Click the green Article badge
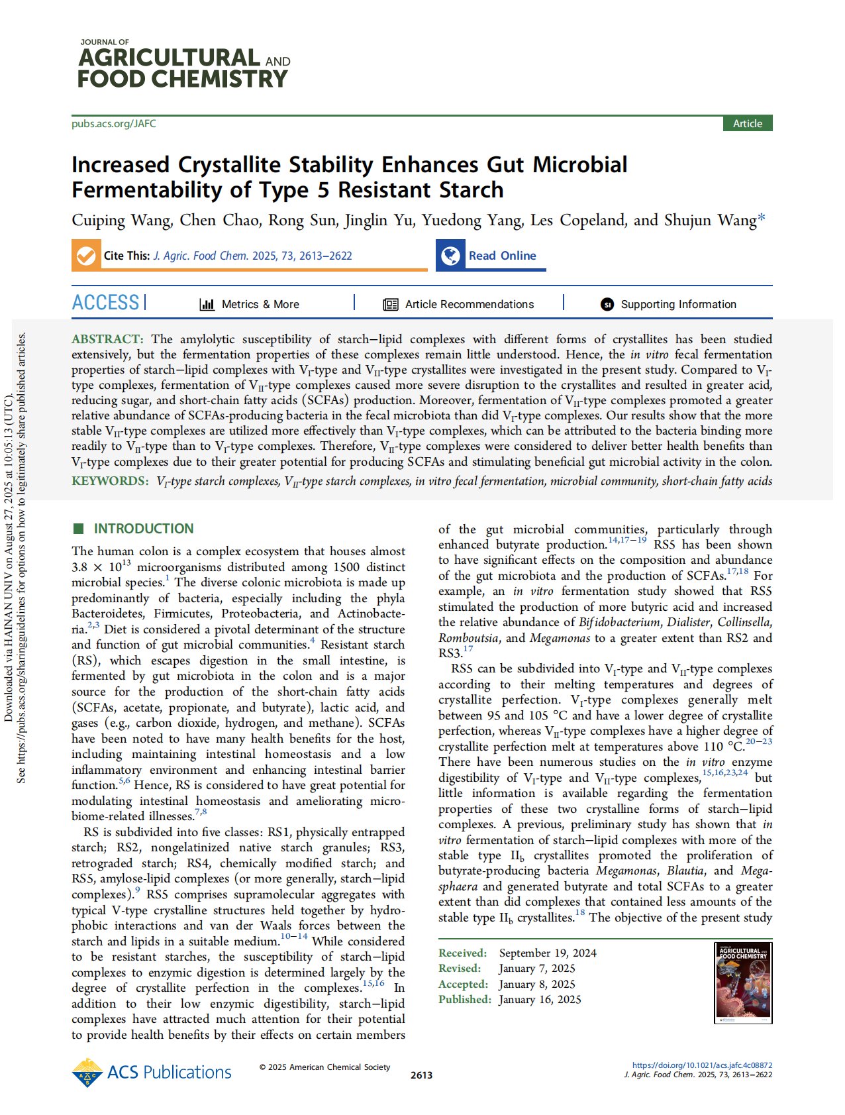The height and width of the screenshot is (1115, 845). pos(747,124)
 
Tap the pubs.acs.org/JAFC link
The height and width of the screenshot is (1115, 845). pos(114,124)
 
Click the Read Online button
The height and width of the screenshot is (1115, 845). pos(502,256)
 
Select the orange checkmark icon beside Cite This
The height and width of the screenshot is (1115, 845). pos(86,256)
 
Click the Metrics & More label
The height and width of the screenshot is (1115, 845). pos(260,304)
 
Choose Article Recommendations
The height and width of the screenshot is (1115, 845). pos(469,304)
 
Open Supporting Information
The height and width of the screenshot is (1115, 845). pos(678,304)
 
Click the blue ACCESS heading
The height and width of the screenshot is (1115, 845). pos(105,303)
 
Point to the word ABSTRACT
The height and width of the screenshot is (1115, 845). pos(107,339)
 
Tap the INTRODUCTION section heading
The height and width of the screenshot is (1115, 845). pos(143,529)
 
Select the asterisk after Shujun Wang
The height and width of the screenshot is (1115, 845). pos(762,218)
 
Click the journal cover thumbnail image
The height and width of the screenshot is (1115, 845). pos(743,982)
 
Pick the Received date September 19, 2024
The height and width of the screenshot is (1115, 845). pos(548,953)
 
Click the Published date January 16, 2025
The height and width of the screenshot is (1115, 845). pos(540,999)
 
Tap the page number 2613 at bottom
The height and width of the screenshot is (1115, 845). pos(421,1075)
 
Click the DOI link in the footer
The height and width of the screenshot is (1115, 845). pos(702,1065)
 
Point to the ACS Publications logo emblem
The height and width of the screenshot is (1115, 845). pos(87,1073)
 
